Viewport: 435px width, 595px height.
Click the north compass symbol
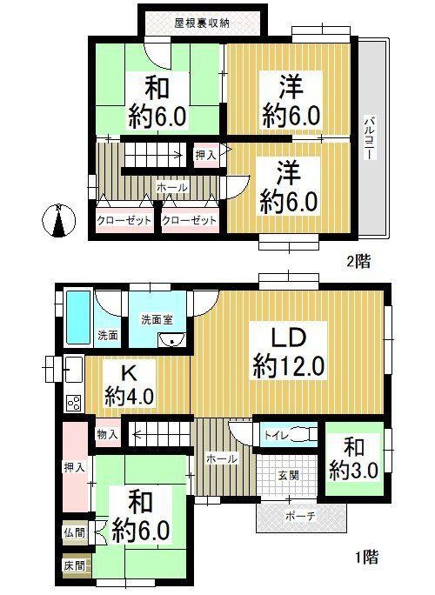(x=58, y=220)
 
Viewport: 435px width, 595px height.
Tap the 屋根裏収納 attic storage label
(x=202, y=23)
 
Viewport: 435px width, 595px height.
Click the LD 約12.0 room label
(x=288, y=354)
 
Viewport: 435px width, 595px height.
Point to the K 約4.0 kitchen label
(x=130, y=386)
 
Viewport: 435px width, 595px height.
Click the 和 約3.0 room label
(x=353, y=459)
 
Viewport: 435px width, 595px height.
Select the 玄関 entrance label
(x=289, y=475)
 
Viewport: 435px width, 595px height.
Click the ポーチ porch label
(x=300, y=516)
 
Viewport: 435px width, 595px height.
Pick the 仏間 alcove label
(x=75, y=532)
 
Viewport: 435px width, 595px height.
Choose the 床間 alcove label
(x=75, y=566)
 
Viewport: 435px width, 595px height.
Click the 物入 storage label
(x=107, y=434)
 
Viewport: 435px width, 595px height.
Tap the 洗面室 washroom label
(x=157, y=319)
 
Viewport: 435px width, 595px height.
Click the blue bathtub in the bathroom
(x=78, y=317)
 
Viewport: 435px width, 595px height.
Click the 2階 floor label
(x=358, y=262)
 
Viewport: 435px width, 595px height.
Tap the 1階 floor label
(x=366, y=558)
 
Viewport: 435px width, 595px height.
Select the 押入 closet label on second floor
(x=205, y=155)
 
